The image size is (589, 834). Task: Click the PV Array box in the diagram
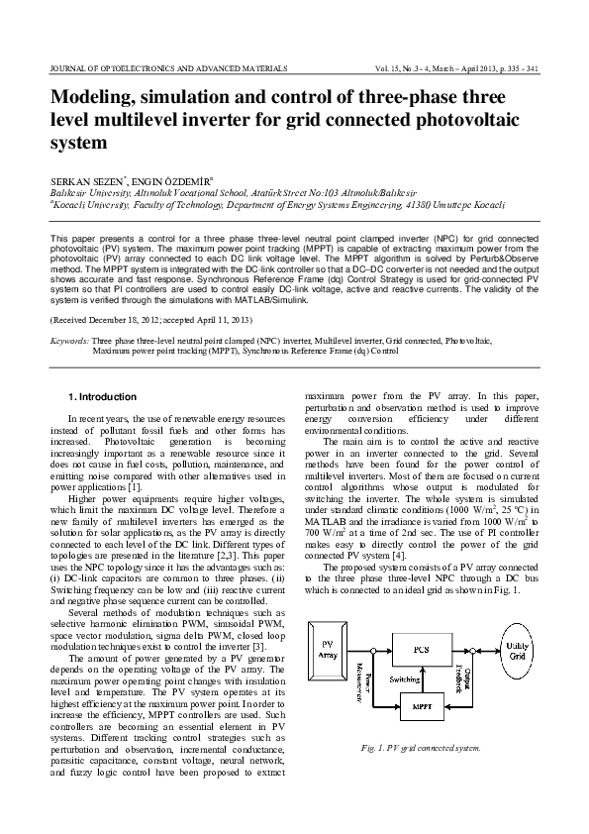(x=330, y=651)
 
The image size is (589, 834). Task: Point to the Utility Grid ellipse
(x=543, y=650)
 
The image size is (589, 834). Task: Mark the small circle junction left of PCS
(x=371, y=651)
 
